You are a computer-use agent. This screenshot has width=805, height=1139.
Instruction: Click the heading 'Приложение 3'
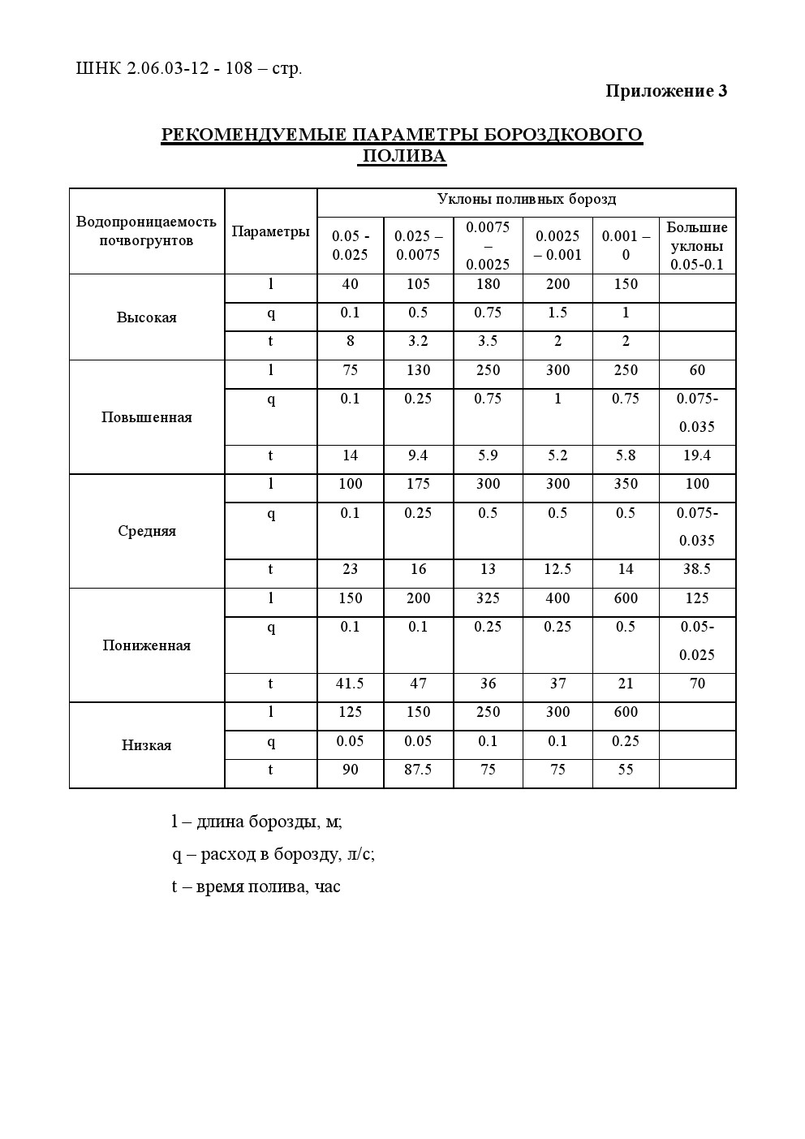(x=665, y=91)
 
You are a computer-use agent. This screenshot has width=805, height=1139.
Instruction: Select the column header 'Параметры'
(x=270, y=231)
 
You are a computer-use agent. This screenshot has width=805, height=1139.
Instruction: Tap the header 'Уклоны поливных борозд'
(x=526, y=199)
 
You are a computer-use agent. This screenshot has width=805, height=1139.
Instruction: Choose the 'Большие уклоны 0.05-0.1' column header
(x=697, y=245)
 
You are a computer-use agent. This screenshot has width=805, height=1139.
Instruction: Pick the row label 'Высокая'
(x=146, y=317)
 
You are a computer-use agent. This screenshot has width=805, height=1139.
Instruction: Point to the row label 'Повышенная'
(x=146, y=417)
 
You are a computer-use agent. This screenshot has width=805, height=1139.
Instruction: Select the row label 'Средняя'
(x=146, y=531)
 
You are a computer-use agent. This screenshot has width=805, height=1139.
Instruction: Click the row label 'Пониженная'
(x=146, y=645)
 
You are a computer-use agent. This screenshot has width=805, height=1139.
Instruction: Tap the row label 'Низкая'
(x=146, y=745)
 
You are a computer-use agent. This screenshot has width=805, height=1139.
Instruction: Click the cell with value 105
(x=418, y=284)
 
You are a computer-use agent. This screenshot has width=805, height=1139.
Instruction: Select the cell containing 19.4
(x=697, y=455)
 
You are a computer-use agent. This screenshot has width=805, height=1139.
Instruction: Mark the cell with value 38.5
(x=697, y=569)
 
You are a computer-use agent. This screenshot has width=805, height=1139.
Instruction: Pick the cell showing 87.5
(x=418, y=770)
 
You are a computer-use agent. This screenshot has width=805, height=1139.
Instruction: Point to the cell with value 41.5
(x=350, y=684)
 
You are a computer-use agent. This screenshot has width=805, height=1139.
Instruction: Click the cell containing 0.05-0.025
(x=697, y=641)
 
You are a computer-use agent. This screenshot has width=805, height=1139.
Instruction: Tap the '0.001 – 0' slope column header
(x=626, y=245)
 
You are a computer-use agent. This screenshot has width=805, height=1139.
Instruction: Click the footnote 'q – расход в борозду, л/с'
(x=273, y=854)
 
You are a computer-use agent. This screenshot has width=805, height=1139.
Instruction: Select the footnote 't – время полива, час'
(x=256, y=887)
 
